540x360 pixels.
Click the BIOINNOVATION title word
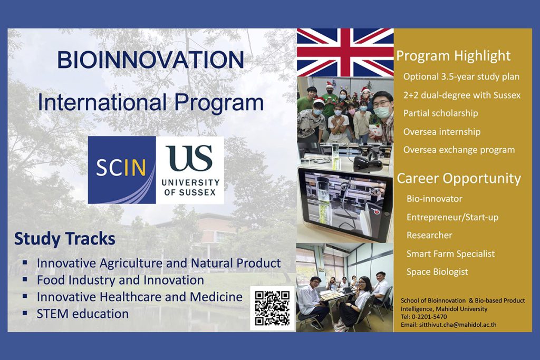click(150, 60)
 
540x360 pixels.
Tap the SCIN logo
click(122, 170)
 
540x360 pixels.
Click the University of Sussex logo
click(190, 170)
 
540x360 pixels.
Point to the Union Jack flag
click(345, 52)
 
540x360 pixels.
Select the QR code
click(272, 308)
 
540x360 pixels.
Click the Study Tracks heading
click(65, 239)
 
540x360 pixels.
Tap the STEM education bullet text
click(83, 314)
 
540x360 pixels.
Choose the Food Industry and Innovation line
click(120, 280)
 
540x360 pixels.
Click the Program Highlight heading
click(453, 56)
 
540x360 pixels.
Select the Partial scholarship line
click(440, 113)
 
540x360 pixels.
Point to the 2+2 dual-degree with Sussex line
click(462, 95)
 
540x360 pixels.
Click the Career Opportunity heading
click(459, 178)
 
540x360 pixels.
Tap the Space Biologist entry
click(437, 272)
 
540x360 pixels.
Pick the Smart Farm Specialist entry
click(450, 254)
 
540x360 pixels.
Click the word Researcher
click(429, 235)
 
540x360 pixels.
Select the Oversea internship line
click(442, 132)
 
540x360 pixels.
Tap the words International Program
click(150, 102)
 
